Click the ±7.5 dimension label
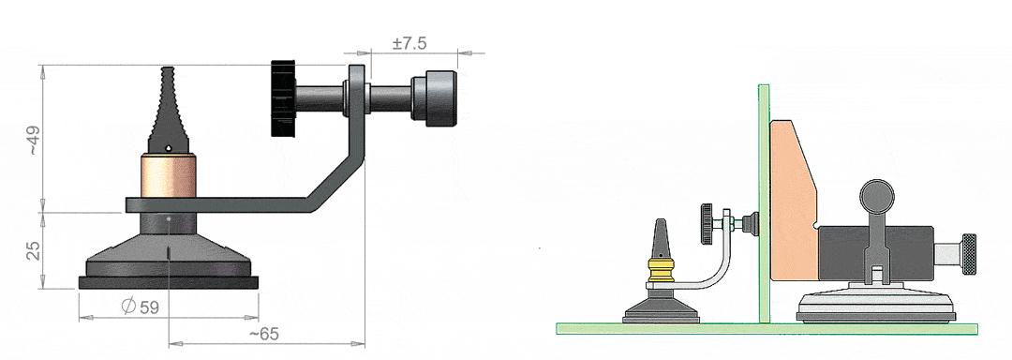[x=409, y=44]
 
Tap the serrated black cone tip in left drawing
[x=169, y=112]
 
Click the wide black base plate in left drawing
[x=168, y=281]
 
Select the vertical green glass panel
[x=764, y=202]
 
